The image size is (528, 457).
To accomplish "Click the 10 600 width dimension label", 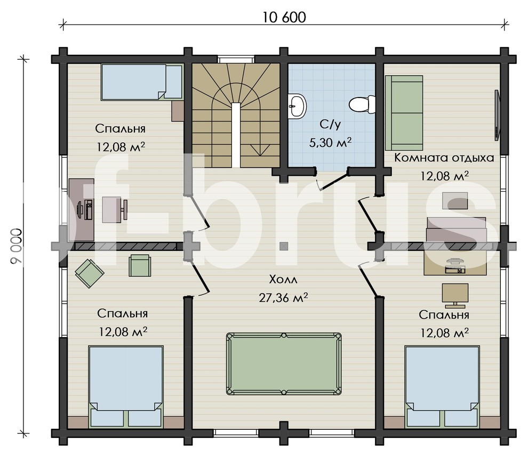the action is coord(284,18).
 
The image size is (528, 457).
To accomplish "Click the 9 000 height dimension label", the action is coord(16,247).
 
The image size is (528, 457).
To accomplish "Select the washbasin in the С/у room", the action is coord(298,105).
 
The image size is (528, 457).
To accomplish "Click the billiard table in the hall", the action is coord(284,364).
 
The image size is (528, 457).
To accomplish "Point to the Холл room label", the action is coord(283,280).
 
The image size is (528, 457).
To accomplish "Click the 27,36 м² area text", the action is coord(283,298).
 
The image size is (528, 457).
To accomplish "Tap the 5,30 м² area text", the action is coord(330,143).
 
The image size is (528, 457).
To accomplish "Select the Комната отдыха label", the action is coord(444,158).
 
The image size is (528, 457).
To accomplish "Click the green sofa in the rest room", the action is coord(404,113).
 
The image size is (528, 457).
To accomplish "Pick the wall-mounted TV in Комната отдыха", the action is coord(497,115).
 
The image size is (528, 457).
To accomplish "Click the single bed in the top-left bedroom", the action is coord(142,83).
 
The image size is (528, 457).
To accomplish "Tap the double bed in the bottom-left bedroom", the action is coord(126,387).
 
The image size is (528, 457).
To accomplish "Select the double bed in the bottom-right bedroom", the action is coord(442,387).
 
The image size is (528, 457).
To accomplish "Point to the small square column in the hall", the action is coord(284,247).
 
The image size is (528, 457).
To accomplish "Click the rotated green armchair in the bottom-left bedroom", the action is coord(89,273).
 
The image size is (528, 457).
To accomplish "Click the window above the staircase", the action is coord(236,60).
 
